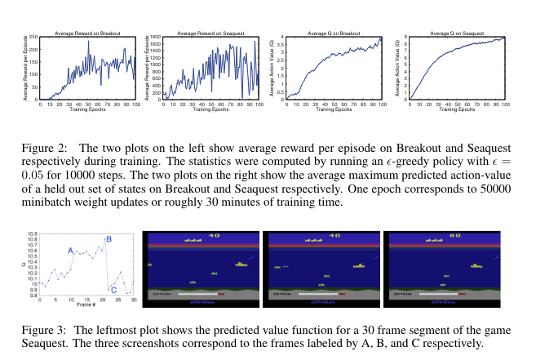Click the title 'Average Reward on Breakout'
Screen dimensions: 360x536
88,33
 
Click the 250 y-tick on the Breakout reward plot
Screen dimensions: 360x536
35,38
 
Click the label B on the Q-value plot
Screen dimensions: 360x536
109,238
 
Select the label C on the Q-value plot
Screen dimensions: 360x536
113,289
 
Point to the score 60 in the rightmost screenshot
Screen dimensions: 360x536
455,235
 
